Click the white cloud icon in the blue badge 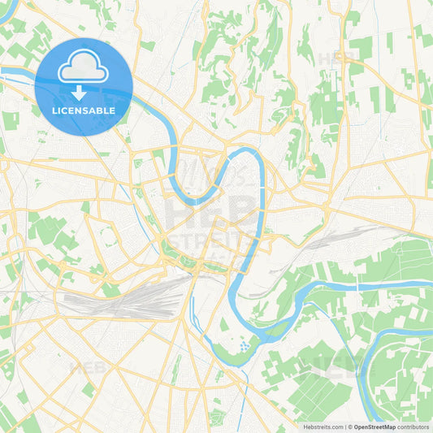84,66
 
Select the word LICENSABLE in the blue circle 84,110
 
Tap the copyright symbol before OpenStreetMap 349,427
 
